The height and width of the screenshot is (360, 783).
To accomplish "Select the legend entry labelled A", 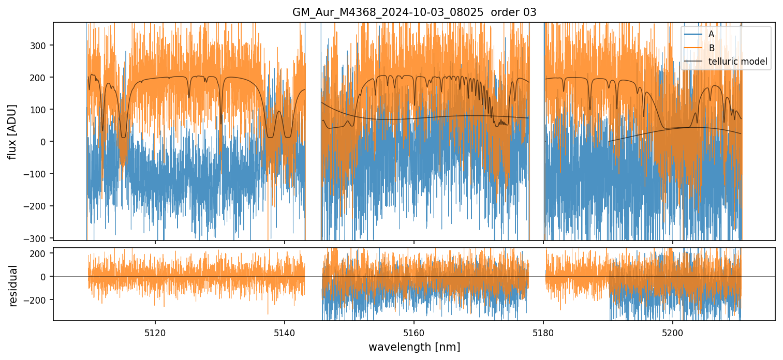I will [711, 34].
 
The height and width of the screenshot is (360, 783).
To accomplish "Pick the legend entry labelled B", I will [711, 48].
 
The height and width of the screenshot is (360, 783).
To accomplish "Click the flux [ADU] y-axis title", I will [12, 131].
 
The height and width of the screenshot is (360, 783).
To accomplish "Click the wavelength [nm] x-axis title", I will [414, 347].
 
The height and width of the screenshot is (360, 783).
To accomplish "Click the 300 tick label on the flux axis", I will [39, 45].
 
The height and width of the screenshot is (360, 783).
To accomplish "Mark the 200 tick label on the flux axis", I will [39, 77].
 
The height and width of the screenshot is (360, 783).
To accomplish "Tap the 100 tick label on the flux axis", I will [39, 109].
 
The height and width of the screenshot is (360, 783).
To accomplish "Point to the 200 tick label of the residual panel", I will [39, 253].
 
